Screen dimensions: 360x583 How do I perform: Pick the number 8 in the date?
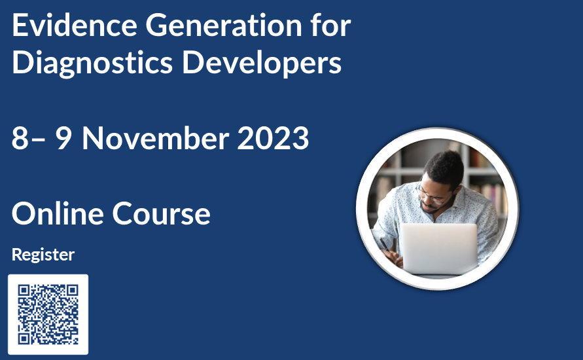pyautogui.click(x=20, y=138)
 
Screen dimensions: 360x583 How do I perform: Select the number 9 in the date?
pyautogui.click(x=63, y=138)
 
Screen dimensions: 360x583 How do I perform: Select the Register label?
pyautogui.click(x=43, y=254)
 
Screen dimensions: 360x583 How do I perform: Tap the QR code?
pyautogui.click(x=48, y=314)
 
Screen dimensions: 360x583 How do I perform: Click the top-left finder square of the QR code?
pyautogui.click(x=24, y=291)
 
